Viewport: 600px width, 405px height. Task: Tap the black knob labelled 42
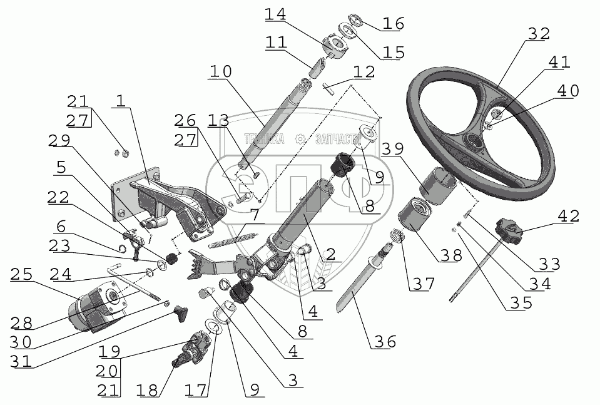[x=507, y=230]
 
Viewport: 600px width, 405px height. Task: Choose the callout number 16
[x=394, y=24]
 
